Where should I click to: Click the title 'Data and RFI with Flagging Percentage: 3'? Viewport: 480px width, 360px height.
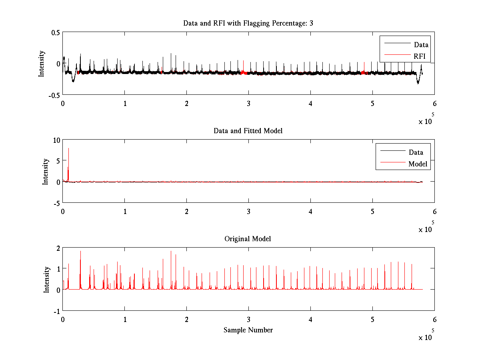click(x=248, y=23)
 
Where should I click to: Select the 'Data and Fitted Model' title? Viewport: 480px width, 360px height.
click(x=248, y=131)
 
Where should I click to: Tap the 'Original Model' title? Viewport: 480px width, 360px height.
click(x=248, y=239)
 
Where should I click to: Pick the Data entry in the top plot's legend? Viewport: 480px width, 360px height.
click(x=421, y=45)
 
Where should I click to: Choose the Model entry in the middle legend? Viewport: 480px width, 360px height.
click(x=418, y=164)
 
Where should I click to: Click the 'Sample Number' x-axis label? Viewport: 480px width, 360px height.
click(x=248, y=330)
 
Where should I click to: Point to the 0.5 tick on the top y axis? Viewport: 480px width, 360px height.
click(x=56, y=32)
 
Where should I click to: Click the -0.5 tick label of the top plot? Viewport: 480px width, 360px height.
click(x=54, y=95)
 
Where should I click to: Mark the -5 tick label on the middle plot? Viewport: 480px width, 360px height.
click(x=56, y=203)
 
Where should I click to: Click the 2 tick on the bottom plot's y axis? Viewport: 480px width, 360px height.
click(x=58, y=248)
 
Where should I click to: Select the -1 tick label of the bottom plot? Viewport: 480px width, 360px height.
click(x=57, y=311)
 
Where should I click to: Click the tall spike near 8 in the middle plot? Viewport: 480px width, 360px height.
click(x=68, y=149)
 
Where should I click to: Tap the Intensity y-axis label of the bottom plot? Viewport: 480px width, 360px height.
click(x=46, y=279)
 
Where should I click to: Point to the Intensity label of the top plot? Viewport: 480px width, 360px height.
click(x=41, y=64)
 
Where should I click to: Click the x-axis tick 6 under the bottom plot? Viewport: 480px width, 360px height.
click(x=434, y=320)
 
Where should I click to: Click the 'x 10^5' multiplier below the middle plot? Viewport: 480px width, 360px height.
click(x=426, y=229)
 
